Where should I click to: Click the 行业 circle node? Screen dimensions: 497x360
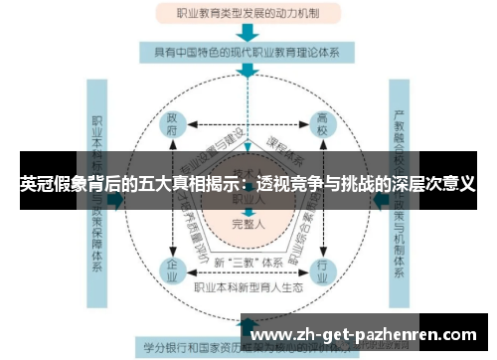coord(321,268)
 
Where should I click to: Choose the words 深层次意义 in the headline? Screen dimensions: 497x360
coord(429,184)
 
